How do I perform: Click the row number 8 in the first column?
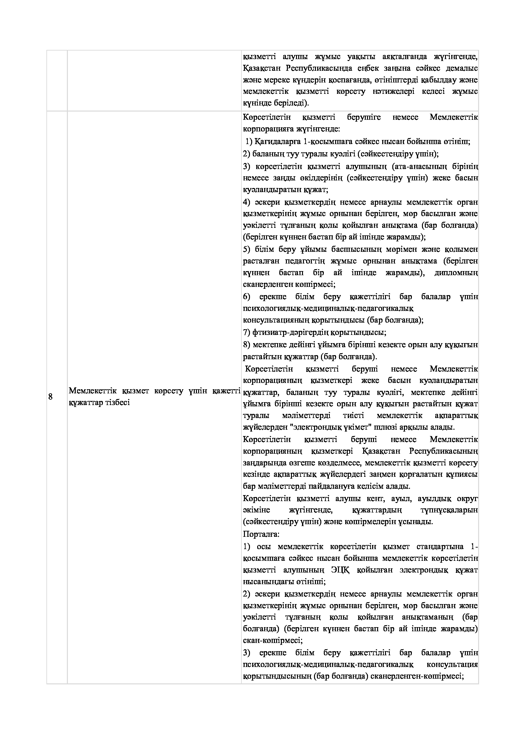[x=50, y=397]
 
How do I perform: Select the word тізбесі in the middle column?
[x=117, y=403]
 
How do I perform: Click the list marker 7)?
[x=246, y=332]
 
